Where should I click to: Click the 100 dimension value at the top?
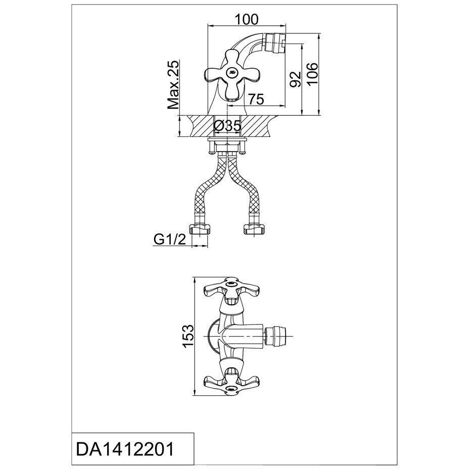coord(247,19)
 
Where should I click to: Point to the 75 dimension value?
coord(256,100)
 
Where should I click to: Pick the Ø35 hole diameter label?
coord(227,126)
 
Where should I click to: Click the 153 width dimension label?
coord(187,336)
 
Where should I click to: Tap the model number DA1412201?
coord(124,448)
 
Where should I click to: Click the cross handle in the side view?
coord(231,75)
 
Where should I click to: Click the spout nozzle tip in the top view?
coord(277,335)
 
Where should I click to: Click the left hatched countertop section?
coord(198,126)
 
